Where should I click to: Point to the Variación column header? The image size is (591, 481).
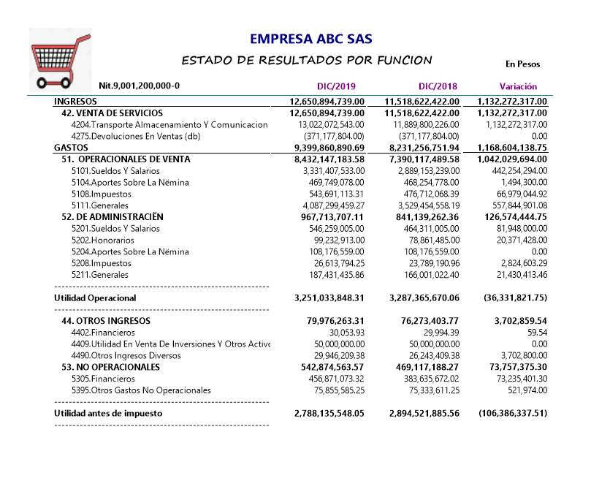click(518, 86)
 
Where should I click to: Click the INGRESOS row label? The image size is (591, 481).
click(75, 102)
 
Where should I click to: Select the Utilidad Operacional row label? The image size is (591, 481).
click(95, 298)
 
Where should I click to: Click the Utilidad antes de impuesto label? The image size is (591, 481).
click(108, 413)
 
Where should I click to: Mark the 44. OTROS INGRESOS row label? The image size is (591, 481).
click(106, 321)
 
